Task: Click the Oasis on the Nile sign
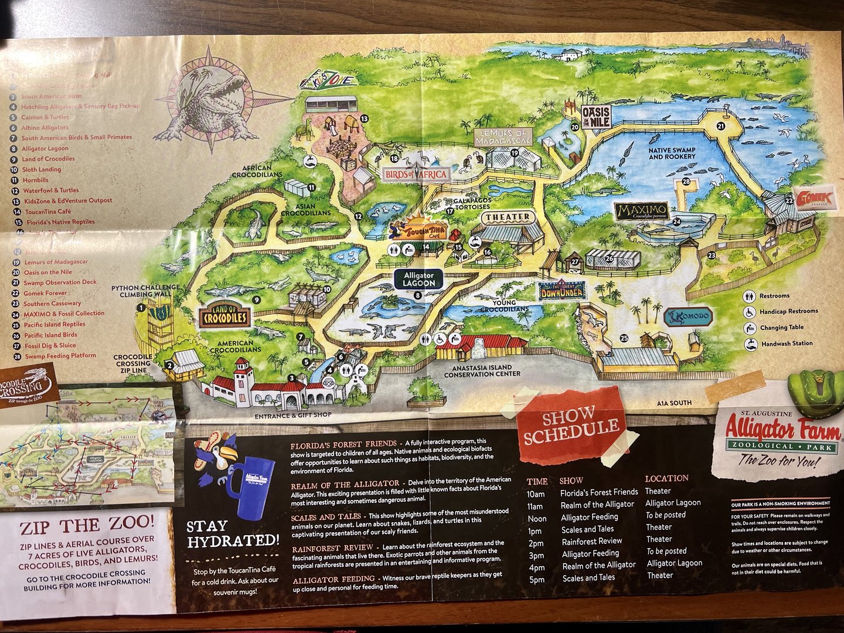coord(596,117)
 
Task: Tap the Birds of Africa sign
coord(417,174)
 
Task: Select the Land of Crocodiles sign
coord(224,316)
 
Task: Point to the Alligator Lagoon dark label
coord(418,279)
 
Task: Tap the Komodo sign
coord(689,317)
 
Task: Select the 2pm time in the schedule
coord(536,543)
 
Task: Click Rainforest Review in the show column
coord(592,542)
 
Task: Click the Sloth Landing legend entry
coord(42,169)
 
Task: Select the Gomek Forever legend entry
coord(45,293)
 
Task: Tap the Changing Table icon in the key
coord(750,328)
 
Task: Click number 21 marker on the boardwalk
coord(720,126)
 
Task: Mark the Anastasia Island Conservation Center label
coord(482,371)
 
